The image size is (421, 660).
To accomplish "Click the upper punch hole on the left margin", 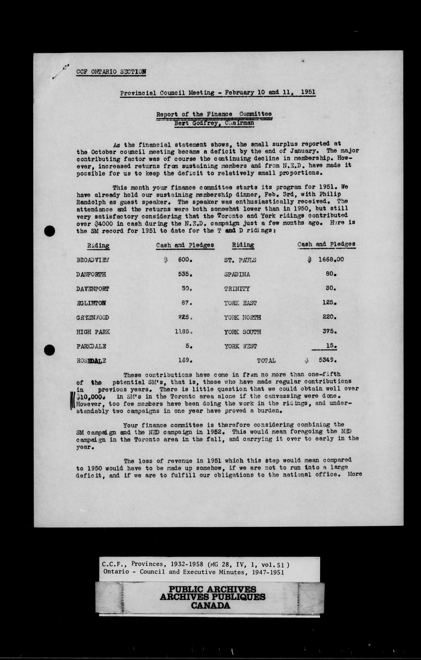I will coord(50,231).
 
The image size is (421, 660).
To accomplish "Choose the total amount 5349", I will coord(328,360).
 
